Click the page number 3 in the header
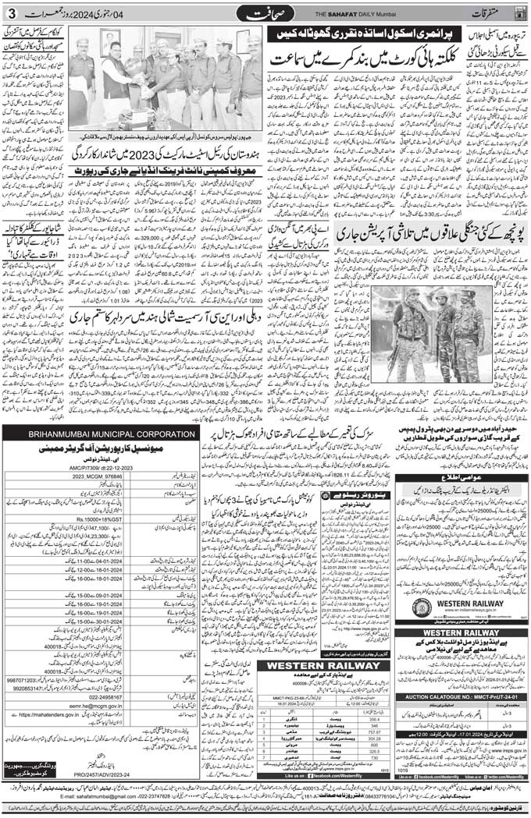pyautogui.click(x=10, y=12)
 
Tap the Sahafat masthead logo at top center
pyautogui.click(x=265, y=13)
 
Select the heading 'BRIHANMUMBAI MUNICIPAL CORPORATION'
pyautogui.click(x=99, y=434)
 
